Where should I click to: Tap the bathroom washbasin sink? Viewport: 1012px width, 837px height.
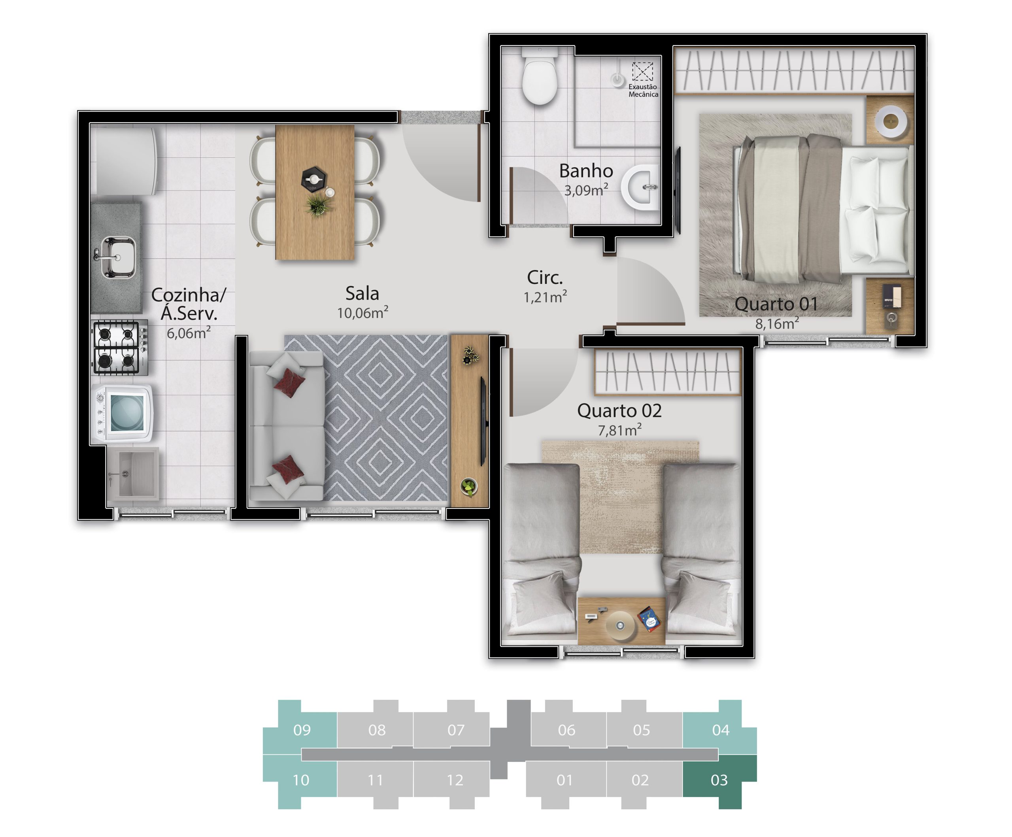tap(640, 187)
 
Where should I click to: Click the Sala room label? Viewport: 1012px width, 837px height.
tap(363, 293)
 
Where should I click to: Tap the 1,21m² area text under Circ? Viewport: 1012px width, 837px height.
tap(545, 297)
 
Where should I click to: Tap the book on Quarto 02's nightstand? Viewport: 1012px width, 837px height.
tap(649, 619)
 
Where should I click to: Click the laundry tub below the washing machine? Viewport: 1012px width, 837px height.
tap(132, 474)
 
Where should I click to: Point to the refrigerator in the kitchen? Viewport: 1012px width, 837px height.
tap(124, 161)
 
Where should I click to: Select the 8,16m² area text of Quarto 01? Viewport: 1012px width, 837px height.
tap(777, 323)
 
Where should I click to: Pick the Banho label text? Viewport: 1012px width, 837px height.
tap(586, 171)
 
